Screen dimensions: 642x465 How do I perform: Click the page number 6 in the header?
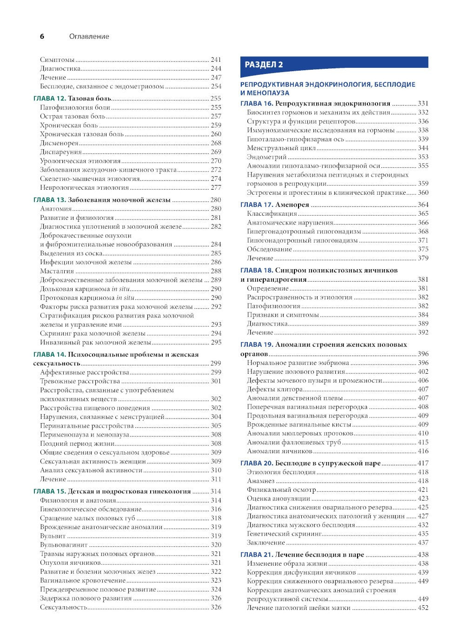(x=42, y=36)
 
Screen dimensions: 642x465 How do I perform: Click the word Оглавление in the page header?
(x=89, y=36)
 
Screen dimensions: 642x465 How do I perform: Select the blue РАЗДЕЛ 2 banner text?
(x=264, y=65)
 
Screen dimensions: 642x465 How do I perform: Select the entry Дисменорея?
(x=59, y=143)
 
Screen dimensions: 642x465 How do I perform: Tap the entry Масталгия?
(x=57, y=271)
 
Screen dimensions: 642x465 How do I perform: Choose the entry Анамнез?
(x=260, y=481)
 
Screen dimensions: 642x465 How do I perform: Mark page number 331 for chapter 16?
(x=423, y=104)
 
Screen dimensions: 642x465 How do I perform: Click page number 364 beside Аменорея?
(x=423, y=205)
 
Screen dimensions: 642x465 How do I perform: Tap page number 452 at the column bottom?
(x=423, y=608)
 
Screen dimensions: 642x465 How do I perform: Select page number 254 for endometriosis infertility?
(x=216, y=86)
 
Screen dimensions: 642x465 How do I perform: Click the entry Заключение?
(x=266, y=543)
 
